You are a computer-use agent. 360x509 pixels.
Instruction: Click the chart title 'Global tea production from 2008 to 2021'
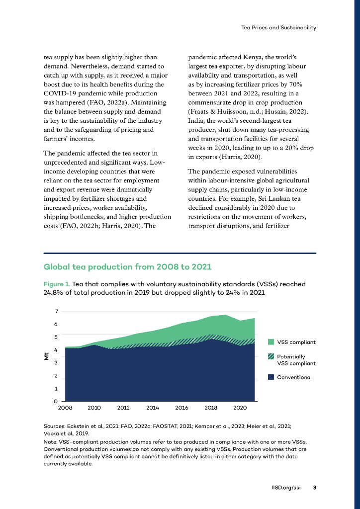pyautogui.click(x=127, y=267)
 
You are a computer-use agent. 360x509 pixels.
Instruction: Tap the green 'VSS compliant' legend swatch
pyautogui.click(x=271, y=342)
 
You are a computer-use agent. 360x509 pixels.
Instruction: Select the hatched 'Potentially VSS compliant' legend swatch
pyautogui.click(x=271, y=356)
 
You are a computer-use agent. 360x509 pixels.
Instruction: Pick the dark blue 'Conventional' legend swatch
pyautogui.click(x=271, y=377)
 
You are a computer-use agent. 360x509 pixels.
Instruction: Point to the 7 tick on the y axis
pyautogui.click(x=57, y=312)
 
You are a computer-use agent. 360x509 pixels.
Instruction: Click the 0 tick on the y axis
pyautogui.click(x=57, y=401)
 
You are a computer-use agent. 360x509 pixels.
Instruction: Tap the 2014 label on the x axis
pyautogui.click(x=153, y=408)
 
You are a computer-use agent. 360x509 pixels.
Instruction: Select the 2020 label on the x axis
pyautogui.click(x=240, y=408)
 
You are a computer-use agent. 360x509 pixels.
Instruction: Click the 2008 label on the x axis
pyautogui.click(x=65, y=408)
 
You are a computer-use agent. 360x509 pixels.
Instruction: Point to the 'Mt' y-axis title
pyautogui.click(x=46, y=356)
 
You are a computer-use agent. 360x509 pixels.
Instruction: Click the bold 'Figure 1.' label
pyautogui.click(x=57, y=284)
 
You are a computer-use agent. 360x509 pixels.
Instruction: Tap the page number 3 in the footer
pyautogui.click(x=314, y=488)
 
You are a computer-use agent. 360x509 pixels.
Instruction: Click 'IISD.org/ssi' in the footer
pyautogui.click(x=283, y=488)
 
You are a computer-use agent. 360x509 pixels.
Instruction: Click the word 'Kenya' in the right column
pyautogui.click(x=252, y=57)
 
